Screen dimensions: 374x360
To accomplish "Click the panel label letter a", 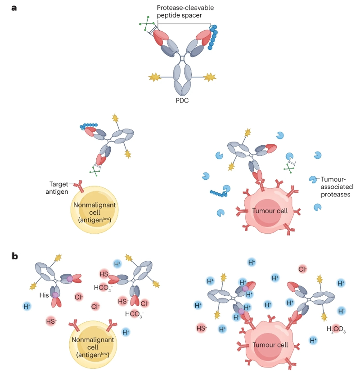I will pyautogui.click(x=14, y=7).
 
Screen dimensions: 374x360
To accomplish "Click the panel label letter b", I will pyautogui.click(x=14, y=257).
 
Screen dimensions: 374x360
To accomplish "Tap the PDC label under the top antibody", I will pyautogui.click(x=182, y=101).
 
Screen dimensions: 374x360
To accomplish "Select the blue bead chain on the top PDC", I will pyautogui.click(x=213, y=36).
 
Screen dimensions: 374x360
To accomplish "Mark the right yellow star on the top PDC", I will pyautogui.click(x=210, y=77).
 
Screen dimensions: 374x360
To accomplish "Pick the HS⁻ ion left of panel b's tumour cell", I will pyautogui.click(x=202, y=328).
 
